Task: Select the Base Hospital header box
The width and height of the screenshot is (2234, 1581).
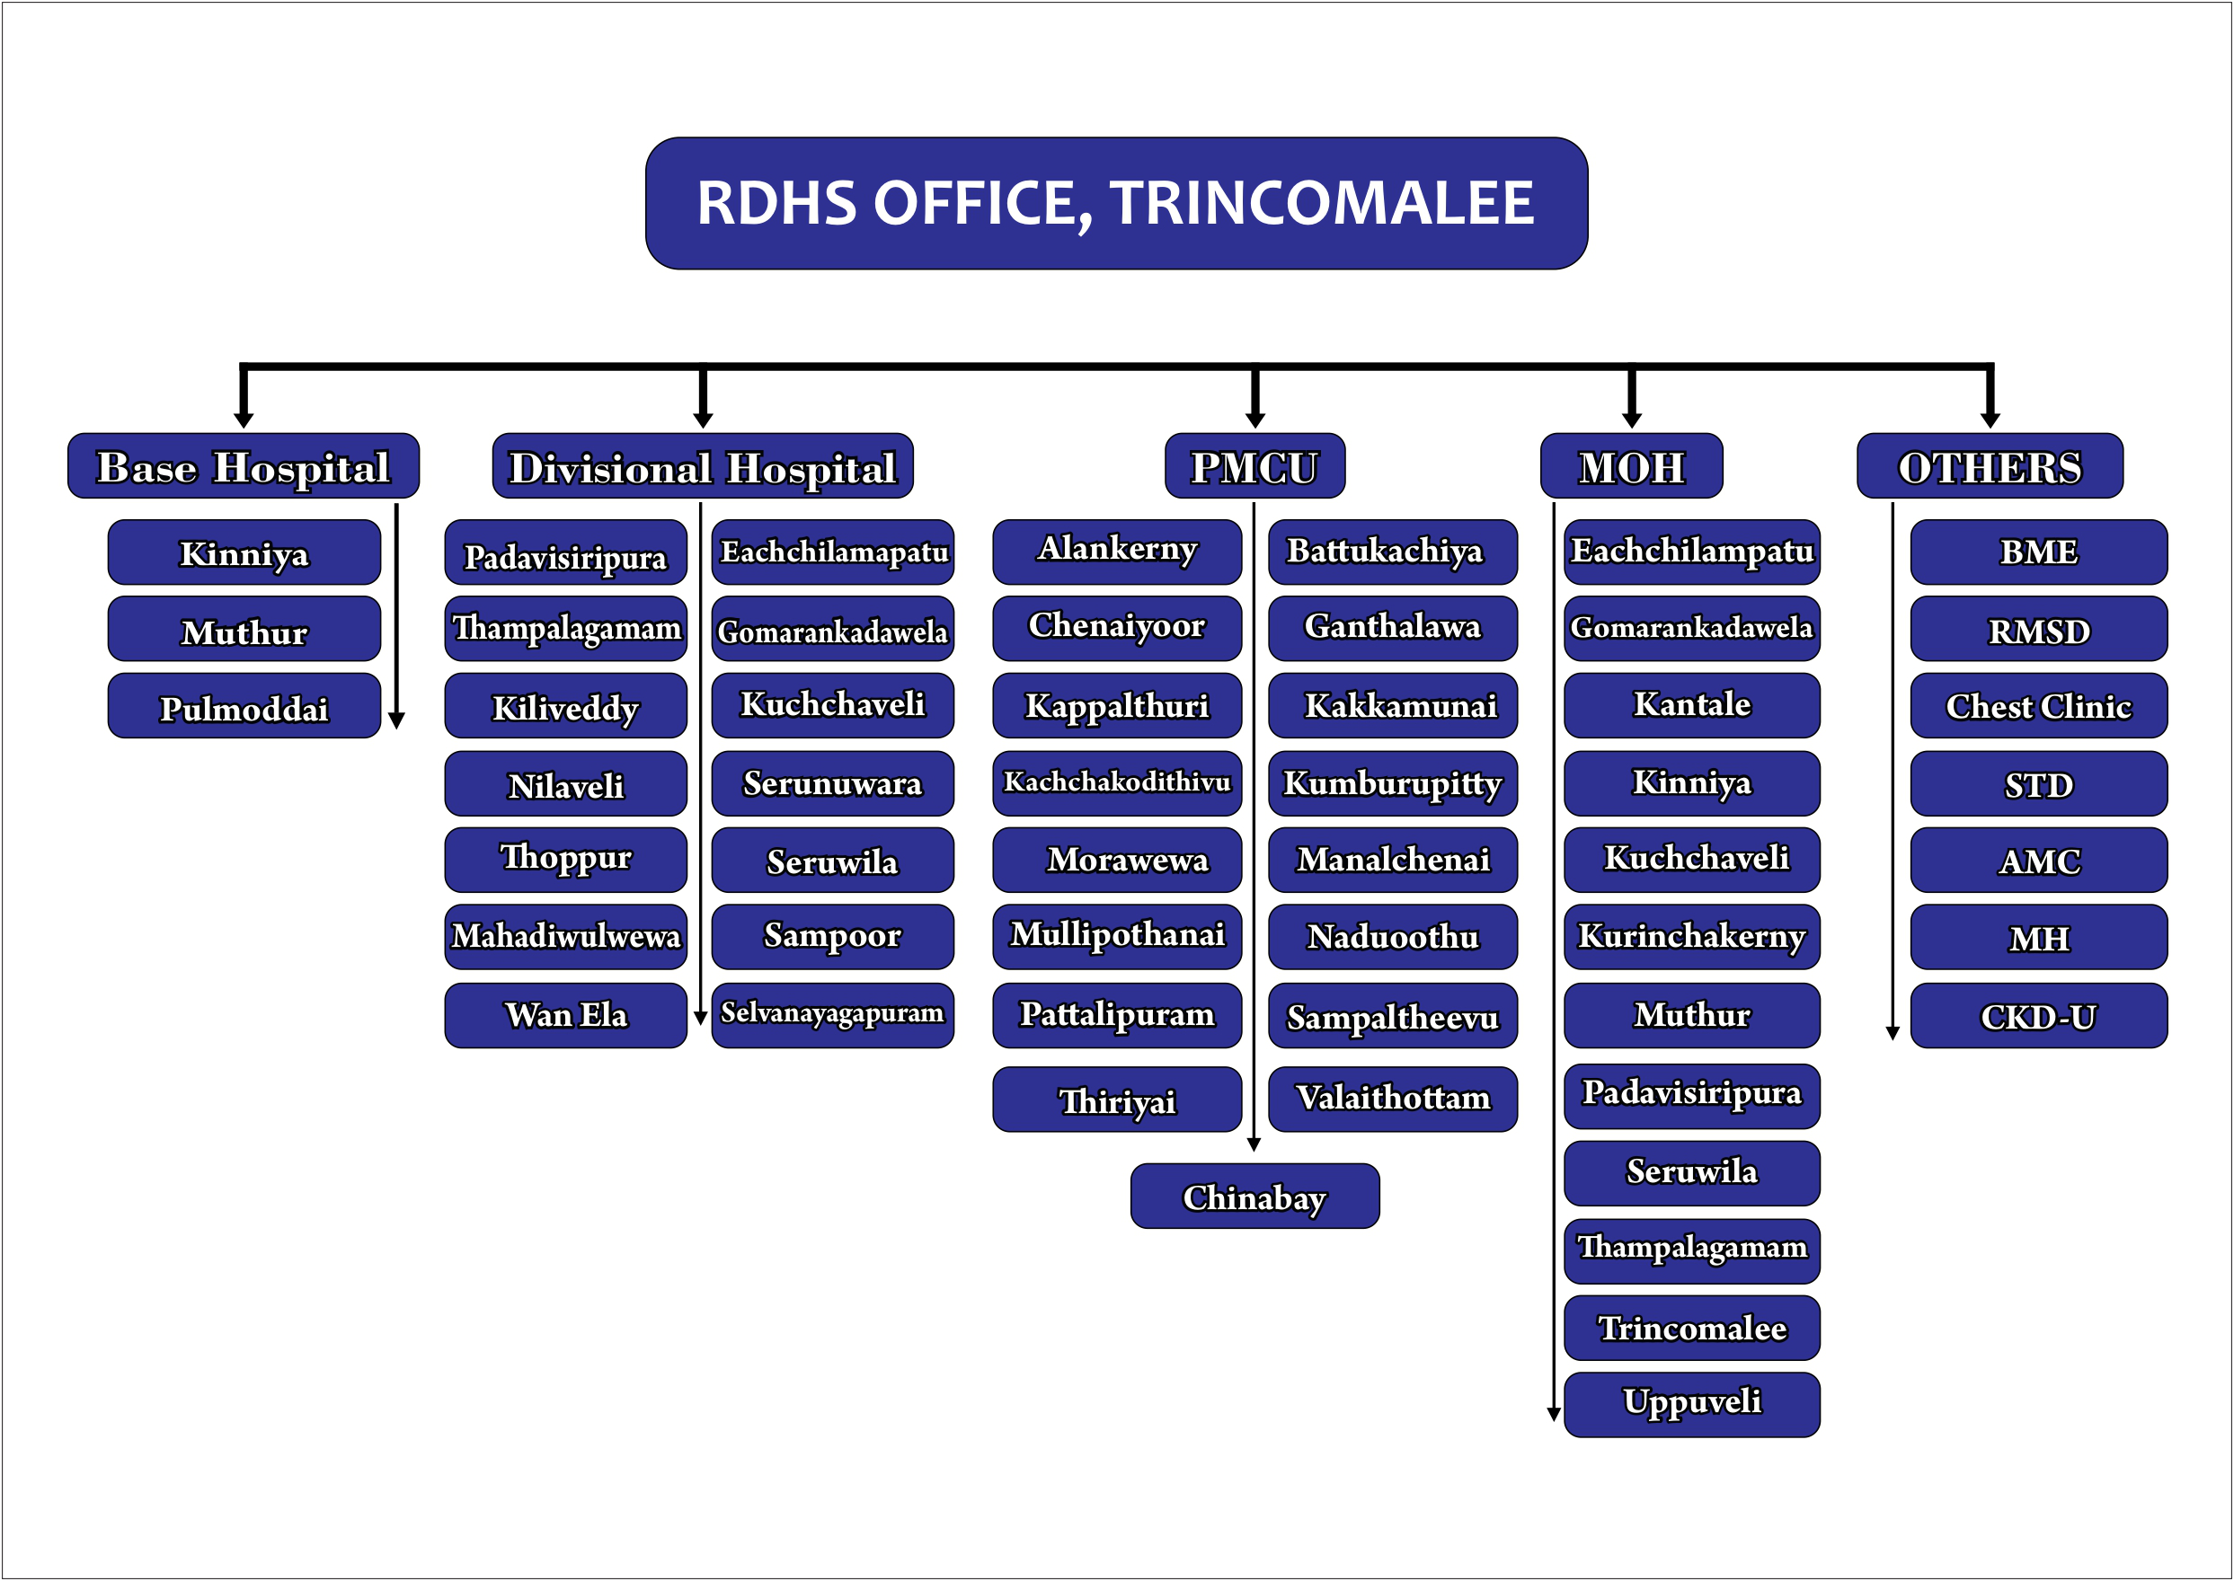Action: (244, 466)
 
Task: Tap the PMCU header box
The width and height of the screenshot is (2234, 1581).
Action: (1254, 466)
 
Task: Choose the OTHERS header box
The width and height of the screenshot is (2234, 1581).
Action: (1990, 466)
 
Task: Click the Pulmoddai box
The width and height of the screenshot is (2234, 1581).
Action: (244, 707)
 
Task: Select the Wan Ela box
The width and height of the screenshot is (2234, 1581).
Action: (566, 1015)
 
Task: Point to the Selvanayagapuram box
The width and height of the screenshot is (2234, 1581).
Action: (833, 1015)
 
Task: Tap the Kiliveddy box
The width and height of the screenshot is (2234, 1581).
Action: (566, 707)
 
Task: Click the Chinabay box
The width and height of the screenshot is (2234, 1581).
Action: (1254, 1197)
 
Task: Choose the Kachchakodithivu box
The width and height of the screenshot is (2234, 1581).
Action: (1117, 782)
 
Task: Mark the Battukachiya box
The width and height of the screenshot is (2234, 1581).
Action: (1393, 552)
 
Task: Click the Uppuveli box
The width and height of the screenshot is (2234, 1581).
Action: (1691, 1405)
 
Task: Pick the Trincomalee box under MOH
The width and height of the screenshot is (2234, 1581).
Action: (1691, 1328)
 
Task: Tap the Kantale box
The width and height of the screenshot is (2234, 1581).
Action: (1691, 705)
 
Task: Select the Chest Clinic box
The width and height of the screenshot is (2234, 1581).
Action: (2038, 707)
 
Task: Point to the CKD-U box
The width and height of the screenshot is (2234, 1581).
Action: (2038, 1015)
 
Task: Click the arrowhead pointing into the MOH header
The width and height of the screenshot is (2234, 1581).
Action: (1632, 420)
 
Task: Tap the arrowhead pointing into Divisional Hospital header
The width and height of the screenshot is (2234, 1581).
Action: (703, 420)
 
